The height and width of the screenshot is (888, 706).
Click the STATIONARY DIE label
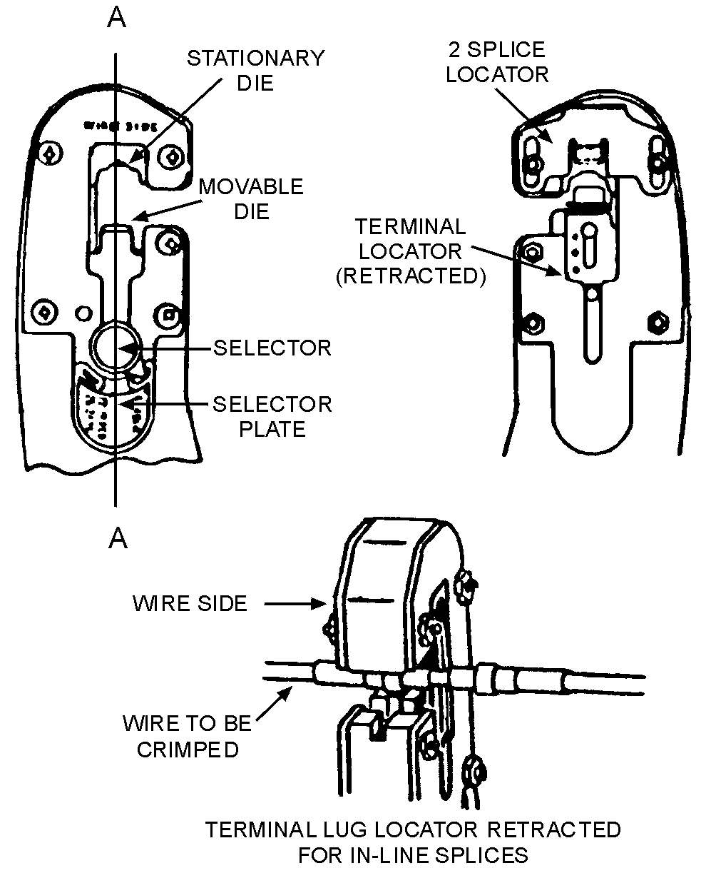(255, 69)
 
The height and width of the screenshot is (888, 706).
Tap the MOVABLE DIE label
(251, 198)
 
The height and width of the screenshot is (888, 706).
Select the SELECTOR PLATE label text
(272, 416)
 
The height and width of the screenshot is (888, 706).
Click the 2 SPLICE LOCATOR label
(497, 61)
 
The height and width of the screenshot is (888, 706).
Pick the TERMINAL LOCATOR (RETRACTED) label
(411, 251)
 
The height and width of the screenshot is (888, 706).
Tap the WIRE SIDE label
(190, 603)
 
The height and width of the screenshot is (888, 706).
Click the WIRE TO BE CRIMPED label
(188, 736)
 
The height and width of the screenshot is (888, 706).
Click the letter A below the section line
(117, 539)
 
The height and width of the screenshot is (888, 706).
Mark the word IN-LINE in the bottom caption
(414, 854)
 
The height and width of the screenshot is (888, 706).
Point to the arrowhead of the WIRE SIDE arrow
(325, 604)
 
